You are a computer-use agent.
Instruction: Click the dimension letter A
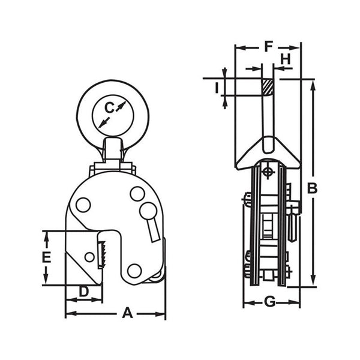[127, 313]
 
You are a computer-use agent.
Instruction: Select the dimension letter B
[312, 188]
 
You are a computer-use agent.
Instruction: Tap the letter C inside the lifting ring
[109, 108]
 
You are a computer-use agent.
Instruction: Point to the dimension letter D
[84, 292]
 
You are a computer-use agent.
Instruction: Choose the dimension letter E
[46, 258]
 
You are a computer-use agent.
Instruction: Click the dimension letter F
[268, 46]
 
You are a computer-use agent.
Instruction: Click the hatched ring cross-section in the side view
[267, 87]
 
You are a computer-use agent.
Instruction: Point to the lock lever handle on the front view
[154, 228]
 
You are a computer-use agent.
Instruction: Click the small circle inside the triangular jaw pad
[89, 257]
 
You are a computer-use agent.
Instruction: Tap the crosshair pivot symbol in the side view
[267, 172]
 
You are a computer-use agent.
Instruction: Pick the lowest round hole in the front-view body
[134, 271]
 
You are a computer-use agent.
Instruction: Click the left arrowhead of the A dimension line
[68, 313]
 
